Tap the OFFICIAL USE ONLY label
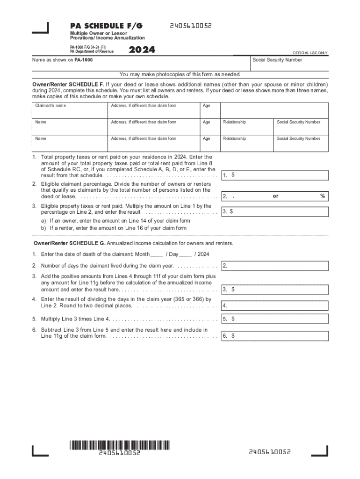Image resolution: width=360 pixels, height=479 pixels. [x=310, y=53]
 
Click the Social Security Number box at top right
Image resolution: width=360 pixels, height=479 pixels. [x=289, y=63]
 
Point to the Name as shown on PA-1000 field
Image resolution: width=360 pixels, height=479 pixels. [x=140, y=63]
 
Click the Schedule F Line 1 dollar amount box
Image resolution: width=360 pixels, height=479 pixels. [x=275, y=175]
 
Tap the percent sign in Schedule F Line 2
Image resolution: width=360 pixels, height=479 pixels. [x=322, y=196]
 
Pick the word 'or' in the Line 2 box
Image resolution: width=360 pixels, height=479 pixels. [x=275, y=196]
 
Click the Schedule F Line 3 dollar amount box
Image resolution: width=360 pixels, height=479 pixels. [x=275, y=212]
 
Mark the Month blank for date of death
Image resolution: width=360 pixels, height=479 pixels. [x=157, y=254]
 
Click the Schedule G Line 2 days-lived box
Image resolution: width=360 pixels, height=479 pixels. [x=275, y=266]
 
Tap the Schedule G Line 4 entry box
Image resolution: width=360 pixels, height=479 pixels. [x=275, y=306]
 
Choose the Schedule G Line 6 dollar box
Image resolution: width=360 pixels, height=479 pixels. [x=275, y=336]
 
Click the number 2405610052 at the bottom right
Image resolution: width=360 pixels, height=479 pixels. [x=270, y=452]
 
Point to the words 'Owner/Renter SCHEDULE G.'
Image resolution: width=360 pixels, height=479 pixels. [x=69, y=243]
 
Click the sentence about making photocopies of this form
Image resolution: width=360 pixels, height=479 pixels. [x=180, y=74]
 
